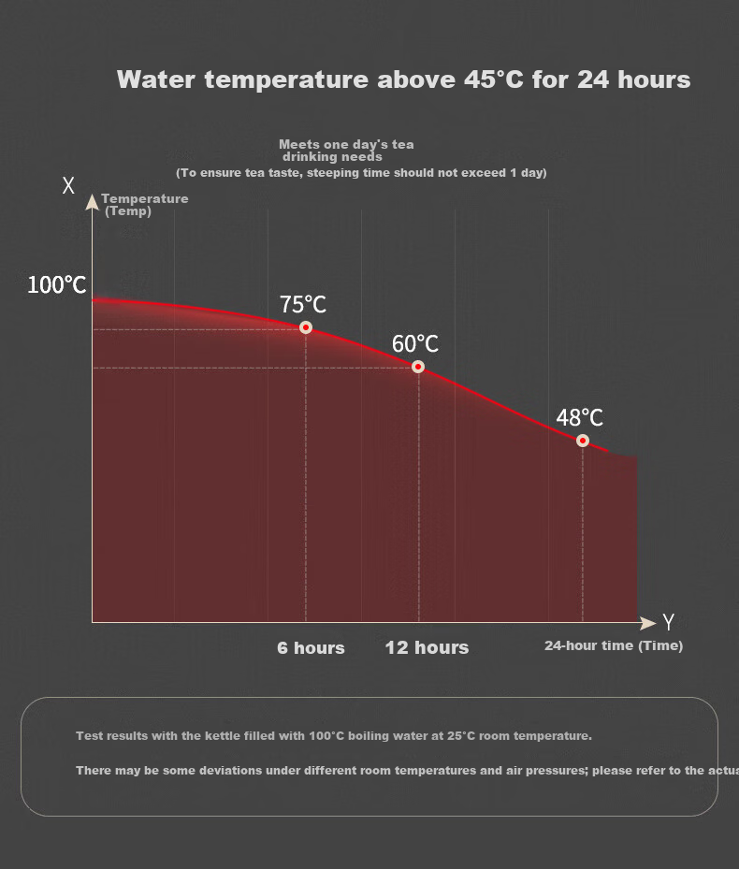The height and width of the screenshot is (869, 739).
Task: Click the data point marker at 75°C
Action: click(x=306, y=327)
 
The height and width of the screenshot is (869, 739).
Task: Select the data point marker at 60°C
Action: click(x=418, y=367)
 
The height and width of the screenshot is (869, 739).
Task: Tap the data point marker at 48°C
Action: click(x=582, y=441)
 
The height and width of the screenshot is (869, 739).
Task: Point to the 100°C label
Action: click(x=56, y=285)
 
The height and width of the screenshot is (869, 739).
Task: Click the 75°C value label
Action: click(x=303, y=304)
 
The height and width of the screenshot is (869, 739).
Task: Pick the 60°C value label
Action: click(x=415, y=343)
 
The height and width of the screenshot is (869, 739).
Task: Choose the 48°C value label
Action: click(x=579, y=417)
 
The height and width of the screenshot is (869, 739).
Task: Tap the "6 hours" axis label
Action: click(x=311, y=648)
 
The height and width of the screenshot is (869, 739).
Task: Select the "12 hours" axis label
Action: click(x=427, y=647)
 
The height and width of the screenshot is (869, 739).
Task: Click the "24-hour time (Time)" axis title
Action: click(x=614, y=645)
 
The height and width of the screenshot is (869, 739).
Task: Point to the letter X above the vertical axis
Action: click(x=68, y=185)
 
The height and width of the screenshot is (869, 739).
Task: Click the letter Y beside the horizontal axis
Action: click(x=669, y=622)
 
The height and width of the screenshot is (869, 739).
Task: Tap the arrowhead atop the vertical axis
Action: click(x=92, y=202)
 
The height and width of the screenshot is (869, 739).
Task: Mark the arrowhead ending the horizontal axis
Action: click(x=648, y=623)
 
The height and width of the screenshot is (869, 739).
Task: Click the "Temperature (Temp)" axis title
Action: click(x=145, y=205)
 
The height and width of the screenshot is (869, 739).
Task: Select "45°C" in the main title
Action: click(x=493, y=80)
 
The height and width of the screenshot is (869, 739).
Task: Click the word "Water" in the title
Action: click(x=156, y=80)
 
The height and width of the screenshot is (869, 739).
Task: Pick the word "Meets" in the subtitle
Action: click(x=297, y=145)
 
